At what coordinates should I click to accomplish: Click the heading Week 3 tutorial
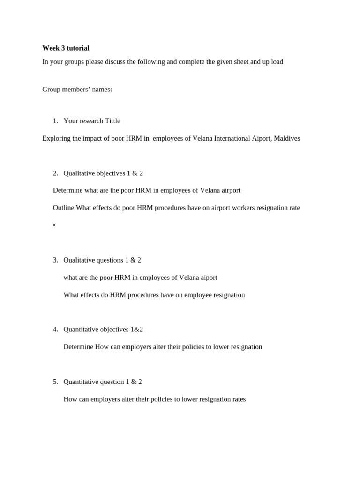[66, 48]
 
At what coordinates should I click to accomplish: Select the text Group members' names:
[77, 90]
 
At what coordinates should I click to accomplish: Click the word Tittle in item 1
[112, 121]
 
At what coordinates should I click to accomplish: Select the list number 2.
[55, 173]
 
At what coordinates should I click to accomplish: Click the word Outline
[63, 208]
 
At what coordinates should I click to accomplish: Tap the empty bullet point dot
[54, 225]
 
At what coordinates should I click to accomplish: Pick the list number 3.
[55, 260]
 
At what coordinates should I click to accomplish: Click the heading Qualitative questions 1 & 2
[102, 260]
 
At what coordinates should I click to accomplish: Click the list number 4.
[55, 329]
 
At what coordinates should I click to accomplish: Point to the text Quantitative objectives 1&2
[103, 329]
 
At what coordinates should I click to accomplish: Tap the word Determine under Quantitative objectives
[78, 347]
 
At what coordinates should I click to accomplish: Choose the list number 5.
[55, 382]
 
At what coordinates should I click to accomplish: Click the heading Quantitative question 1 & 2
[103, 382]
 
